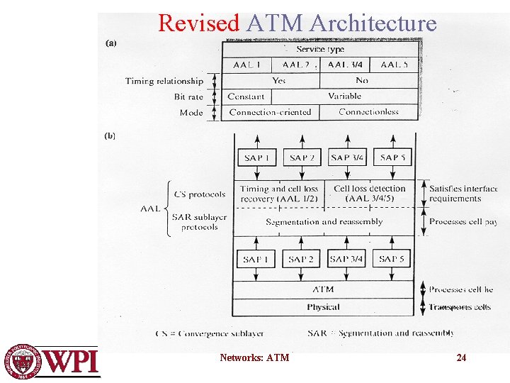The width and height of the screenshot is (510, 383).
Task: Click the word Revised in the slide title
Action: click(198, 23)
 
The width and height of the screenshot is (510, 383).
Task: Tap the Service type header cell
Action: click(319, 49)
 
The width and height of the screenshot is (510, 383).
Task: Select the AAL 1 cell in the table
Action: click(247, 65)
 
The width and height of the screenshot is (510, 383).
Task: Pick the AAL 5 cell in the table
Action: click(394, 65)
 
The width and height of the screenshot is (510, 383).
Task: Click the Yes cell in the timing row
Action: click(279, 80)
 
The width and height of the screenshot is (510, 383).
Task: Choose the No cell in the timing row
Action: click(362, 80)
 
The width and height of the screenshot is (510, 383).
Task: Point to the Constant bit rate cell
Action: click(246, 96)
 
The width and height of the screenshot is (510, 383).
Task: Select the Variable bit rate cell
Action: click(344, 96)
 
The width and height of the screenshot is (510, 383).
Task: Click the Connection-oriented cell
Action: click(270, 112)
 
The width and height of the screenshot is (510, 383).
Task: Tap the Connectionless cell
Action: click(368, 112)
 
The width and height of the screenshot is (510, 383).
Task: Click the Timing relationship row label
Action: click(164, 81)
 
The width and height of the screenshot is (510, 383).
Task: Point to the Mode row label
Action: click(191, 113)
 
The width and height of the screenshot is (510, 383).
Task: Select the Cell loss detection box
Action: click(370, 194)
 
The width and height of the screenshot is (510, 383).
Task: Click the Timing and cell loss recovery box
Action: click(279, 194)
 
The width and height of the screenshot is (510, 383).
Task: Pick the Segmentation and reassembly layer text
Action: click(324, 222)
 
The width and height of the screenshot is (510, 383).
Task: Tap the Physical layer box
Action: click(323, 307)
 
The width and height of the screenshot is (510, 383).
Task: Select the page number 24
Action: click(461, 357)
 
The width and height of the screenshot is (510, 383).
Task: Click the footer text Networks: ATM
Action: click(254, 357)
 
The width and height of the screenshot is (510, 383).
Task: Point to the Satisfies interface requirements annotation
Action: click(464, 194)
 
